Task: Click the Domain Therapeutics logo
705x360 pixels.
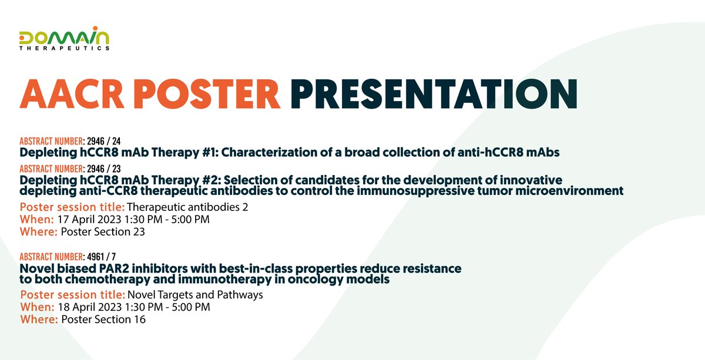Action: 64,38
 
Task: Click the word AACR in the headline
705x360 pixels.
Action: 72,94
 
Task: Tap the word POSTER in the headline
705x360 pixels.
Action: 207,94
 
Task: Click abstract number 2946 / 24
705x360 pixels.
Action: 104,141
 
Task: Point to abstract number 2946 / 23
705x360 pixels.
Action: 104,169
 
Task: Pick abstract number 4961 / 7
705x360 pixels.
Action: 101,257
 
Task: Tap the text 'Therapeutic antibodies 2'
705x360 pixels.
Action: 187,207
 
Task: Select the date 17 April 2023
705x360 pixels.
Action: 89,219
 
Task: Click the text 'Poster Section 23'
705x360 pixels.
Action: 103,231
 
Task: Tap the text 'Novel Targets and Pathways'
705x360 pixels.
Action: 195,295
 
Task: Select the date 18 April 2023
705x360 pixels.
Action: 90,307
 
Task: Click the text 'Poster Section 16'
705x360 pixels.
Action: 103,319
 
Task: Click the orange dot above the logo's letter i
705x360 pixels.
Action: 95,28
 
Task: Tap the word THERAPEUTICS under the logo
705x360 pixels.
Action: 64,48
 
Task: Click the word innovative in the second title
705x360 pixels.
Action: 531,180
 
